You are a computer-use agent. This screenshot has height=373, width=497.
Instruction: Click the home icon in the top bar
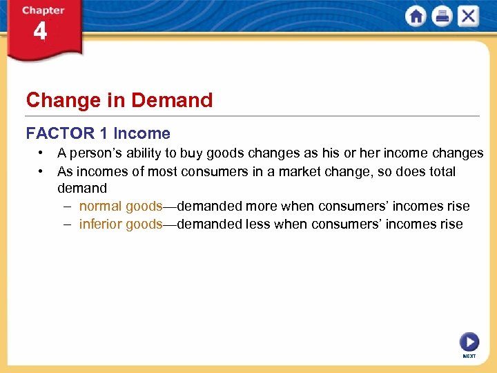tap(416, 16)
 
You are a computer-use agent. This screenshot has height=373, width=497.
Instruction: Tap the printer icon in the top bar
tap(442, 16)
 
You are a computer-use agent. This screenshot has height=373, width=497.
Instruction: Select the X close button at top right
tap(468, 16)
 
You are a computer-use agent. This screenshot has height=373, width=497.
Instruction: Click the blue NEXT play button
tap(469, 342)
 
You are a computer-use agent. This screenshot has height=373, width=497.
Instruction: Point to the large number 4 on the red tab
tap(40, 32)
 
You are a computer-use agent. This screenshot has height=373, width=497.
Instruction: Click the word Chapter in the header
tap(43, 10)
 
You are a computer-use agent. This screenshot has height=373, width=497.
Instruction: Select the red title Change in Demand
tap(119, 100)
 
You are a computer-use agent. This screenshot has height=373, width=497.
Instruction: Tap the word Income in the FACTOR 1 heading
tap(142, 133)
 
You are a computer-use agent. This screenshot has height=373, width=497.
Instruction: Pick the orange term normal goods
tap(121, 206)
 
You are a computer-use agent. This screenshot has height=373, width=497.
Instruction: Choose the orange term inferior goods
tap(121, 224)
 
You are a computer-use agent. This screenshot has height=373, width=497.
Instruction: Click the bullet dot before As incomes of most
tap(42, 171)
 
